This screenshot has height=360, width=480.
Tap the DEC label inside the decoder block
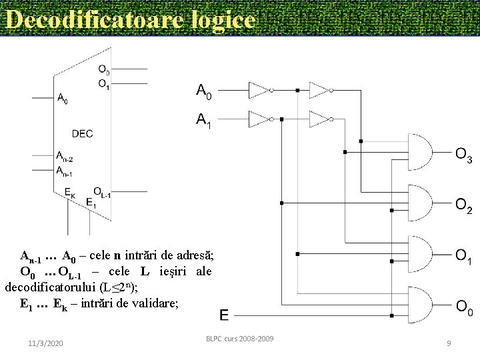coord(82,133)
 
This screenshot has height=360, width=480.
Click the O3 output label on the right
coord(464,156)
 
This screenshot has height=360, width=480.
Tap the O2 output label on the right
coord(464,207)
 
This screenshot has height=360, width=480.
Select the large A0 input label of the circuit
coord(204,91)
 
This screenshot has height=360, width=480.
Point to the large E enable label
coord(224,315)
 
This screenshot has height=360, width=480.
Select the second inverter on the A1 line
coord(321,119)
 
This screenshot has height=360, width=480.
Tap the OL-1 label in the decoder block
coord(101,191)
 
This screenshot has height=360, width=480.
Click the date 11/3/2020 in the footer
coord(46,343)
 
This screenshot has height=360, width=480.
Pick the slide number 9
coord(449,343)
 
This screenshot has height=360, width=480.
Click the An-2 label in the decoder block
coord(65,157)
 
